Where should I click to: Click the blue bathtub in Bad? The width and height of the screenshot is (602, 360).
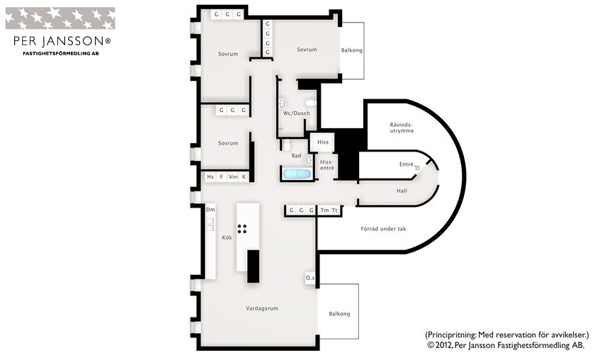point(297,174)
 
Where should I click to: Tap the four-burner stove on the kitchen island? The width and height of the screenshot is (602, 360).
point(242,229)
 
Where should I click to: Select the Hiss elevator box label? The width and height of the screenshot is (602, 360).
point(323,142)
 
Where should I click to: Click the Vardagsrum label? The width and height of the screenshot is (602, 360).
point(262,308)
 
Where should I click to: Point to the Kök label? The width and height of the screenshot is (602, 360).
point(227,237)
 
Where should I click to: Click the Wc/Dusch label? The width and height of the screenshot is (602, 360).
point(296,113)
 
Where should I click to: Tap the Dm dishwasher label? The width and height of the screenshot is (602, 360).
point(210,209)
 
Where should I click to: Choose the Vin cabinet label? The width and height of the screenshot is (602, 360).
point(233,176)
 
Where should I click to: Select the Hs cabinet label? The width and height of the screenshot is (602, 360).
point(210,176)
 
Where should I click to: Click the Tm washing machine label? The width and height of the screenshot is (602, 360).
point(324,210)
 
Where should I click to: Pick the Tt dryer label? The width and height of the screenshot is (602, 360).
point(334,210)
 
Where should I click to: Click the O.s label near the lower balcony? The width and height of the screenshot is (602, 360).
point(310,277)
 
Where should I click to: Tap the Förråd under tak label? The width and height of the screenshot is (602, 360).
point(383,229)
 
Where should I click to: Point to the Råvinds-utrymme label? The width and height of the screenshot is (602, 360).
point(402,128)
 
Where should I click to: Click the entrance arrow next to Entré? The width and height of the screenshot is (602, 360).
point(417,167)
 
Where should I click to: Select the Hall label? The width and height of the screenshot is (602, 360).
point(402,191)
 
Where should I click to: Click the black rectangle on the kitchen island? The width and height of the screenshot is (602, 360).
point(253,266)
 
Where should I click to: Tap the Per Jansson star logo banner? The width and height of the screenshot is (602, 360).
point(60,18)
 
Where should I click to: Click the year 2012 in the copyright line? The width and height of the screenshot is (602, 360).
point(444,345)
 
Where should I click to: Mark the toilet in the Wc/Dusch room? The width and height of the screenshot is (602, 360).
point(311,103)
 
